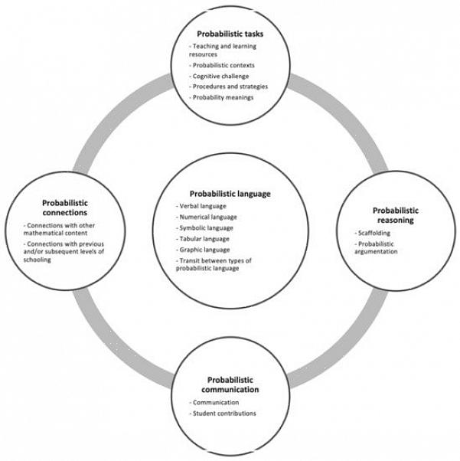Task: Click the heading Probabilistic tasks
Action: (x=230, y=34)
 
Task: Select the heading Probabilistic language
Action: (x=230, y=194)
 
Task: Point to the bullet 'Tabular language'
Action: (x=204, y=239)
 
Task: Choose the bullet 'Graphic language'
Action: (x=204, y=250)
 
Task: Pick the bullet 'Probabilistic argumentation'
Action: (x=377, y=248)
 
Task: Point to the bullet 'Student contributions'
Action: (x=223, y=414)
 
